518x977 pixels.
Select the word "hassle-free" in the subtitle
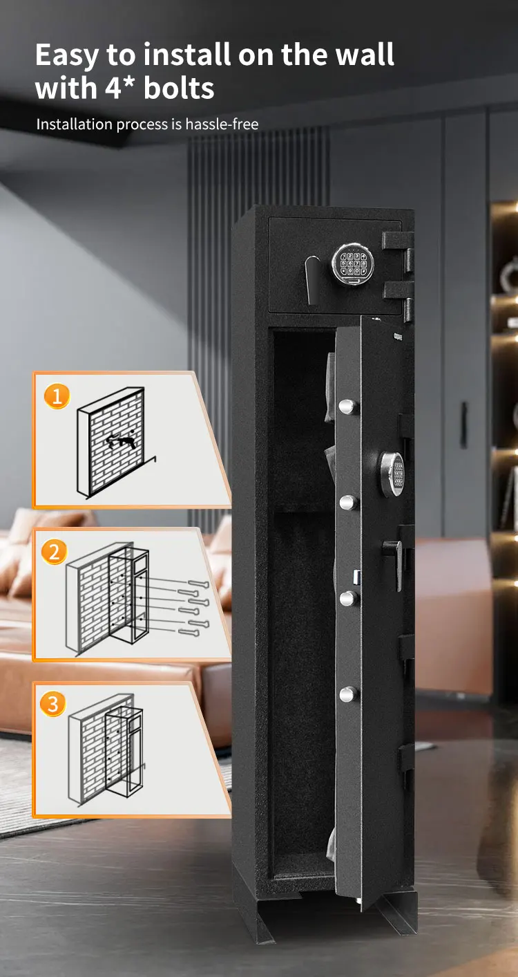coord(222,124)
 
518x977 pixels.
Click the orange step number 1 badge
coord(57,396)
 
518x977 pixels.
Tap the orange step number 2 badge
coord(55,552)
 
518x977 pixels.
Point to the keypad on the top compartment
coord(352,263)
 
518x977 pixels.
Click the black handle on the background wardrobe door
coord(464,425)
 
